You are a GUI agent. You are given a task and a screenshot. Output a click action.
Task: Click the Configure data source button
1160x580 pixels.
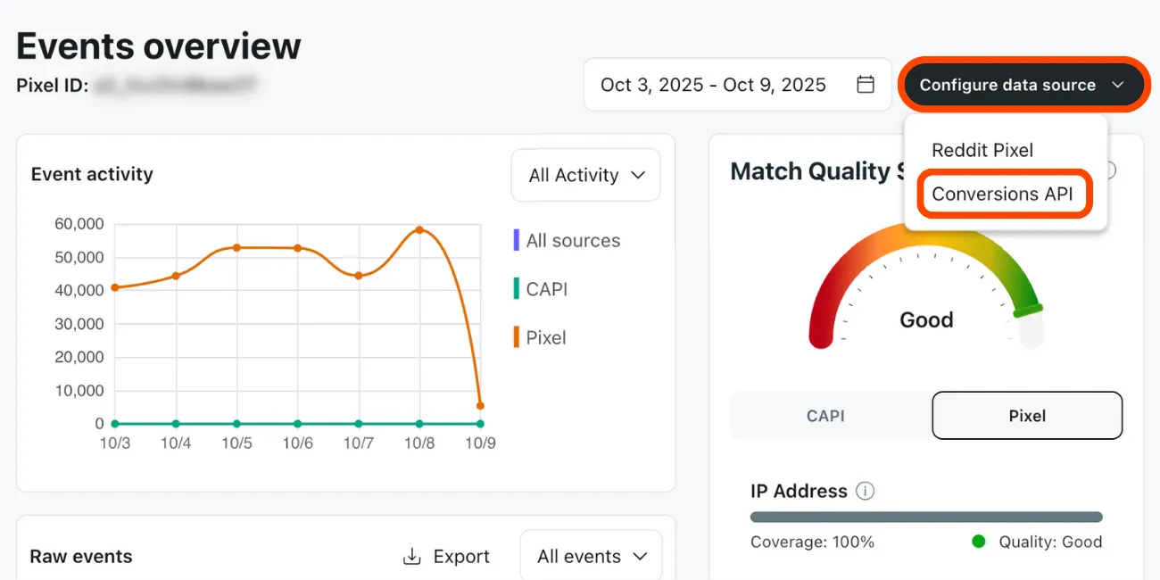point(1023,85)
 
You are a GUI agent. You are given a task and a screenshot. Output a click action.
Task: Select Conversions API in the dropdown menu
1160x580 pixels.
point(1002,194)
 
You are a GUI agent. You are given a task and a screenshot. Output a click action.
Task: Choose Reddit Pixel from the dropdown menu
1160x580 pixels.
point(982,150)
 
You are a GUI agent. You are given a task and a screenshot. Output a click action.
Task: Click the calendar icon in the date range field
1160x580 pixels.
point(865,85)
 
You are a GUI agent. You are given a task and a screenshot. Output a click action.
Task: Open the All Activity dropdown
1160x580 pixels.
point(585,175)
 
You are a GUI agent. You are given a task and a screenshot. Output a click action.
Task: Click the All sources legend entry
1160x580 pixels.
point(572,241)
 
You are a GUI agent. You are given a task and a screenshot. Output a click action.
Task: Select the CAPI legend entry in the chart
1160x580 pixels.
point(546,289)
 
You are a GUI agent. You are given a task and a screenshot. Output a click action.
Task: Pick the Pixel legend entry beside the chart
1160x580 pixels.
point(545,337)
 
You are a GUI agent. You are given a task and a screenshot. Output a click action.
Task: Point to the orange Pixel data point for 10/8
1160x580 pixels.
point(419,229)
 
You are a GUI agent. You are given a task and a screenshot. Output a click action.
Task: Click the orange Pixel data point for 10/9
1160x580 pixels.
point(480,405)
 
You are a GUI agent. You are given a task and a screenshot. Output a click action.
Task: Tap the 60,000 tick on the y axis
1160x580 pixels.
point(79,224)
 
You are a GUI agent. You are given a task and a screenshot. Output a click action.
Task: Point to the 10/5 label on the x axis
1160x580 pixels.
point(236,443)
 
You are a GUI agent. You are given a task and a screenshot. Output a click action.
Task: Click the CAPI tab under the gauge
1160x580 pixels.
point(825,416)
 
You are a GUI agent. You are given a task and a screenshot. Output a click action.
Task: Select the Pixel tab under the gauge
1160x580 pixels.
point(1027,416)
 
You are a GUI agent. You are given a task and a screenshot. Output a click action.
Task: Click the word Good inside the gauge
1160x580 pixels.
point(926,320)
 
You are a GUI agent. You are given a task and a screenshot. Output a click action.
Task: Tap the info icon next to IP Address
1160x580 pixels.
point(865,491)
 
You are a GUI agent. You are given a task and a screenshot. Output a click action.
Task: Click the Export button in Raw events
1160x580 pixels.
point(446,557)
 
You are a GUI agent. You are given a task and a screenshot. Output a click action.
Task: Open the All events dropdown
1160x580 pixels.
point(591,557)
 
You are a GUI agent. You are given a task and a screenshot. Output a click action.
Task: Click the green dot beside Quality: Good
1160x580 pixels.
point(979,542)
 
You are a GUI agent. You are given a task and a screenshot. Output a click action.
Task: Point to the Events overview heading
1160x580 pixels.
point(159,46)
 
